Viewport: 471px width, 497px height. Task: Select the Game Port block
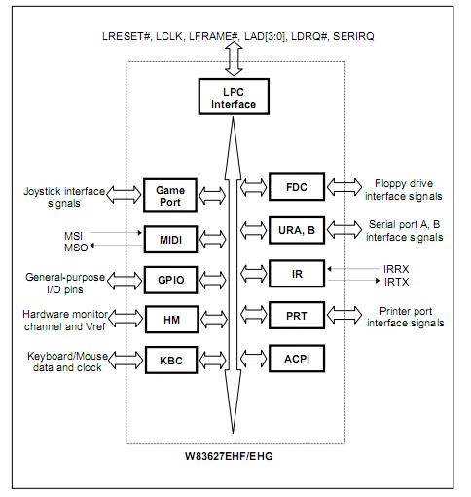click(169, 193)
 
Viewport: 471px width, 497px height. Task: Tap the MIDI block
click(169, 237)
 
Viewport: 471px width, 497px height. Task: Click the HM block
click(169, 318)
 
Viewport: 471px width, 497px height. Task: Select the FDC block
click(295, 185)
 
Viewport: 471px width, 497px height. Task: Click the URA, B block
click(295, 230)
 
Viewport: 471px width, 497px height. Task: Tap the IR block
click(295, 273)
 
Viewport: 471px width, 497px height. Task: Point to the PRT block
click(295, 316)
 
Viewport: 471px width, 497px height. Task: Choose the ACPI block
click(295, 358)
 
